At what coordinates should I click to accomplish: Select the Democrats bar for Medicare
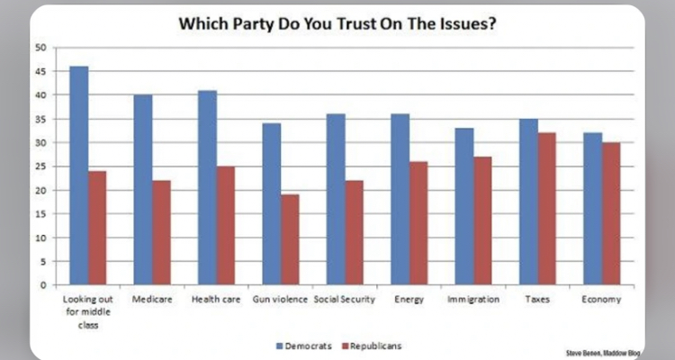tap(143, 190)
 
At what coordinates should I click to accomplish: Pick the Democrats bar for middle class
tap(79, 175)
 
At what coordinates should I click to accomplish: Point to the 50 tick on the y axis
tap(40, 47)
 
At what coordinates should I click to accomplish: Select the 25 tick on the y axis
tap(40, 166)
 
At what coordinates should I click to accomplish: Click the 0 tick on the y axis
tap(42, 284)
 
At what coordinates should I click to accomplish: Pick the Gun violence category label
tap(278, 299)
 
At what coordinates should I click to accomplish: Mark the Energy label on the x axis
tap(407, 299)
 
